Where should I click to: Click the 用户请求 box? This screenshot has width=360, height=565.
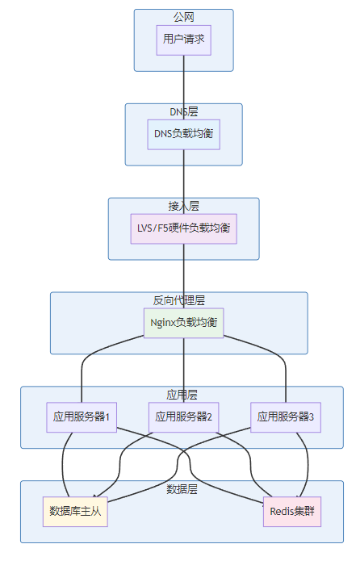coord(183,40)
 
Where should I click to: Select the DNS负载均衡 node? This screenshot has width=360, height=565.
coord(183,135)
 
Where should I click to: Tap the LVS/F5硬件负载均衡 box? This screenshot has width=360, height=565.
coord(183,228)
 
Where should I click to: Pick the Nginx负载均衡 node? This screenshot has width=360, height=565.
coord(183,323)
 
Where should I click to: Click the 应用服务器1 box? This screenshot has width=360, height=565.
coord(82,417)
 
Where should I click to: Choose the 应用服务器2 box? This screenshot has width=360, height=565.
coord(183,417)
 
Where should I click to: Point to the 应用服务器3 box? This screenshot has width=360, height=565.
coord(286,417)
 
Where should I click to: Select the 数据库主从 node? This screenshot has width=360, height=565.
coord(75,512)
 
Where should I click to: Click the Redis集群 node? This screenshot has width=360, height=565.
coord(292,512)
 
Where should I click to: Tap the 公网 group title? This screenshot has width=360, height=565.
coord(183,17)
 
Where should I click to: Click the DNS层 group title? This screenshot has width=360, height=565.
coord(183,111)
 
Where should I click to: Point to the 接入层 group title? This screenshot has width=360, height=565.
coord(183,206)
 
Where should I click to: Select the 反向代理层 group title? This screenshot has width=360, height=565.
coord(178,300)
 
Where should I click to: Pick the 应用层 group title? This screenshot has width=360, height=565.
coord(182,395)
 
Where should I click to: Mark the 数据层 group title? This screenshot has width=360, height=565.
coord(182,489)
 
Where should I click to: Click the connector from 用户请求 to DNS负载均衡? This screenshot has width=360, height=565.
coord(183,87)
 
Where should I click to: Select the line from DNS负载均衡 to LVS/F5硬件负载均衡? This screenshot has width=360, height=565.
coord(183,182)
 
